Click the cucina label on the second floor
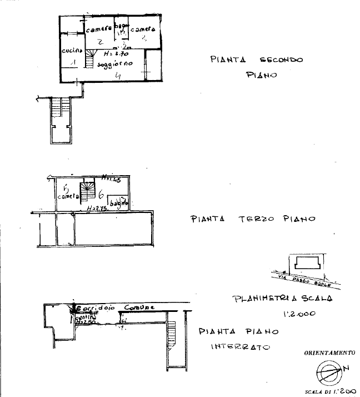coord(72,52)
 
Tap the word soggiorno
coord(114,64)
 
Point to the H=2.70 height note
coord(117,55)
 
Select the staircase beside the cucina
coord(90,58)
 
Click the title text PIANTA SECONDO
coord(256,59)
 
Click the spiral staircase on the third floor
coord(88,192)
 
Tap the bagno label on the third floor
coord(118,204)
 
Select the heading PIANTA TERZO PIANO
coord(253,219)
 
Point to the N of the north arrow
coord(346,367)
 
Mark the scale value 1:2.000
coord(299,314)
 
